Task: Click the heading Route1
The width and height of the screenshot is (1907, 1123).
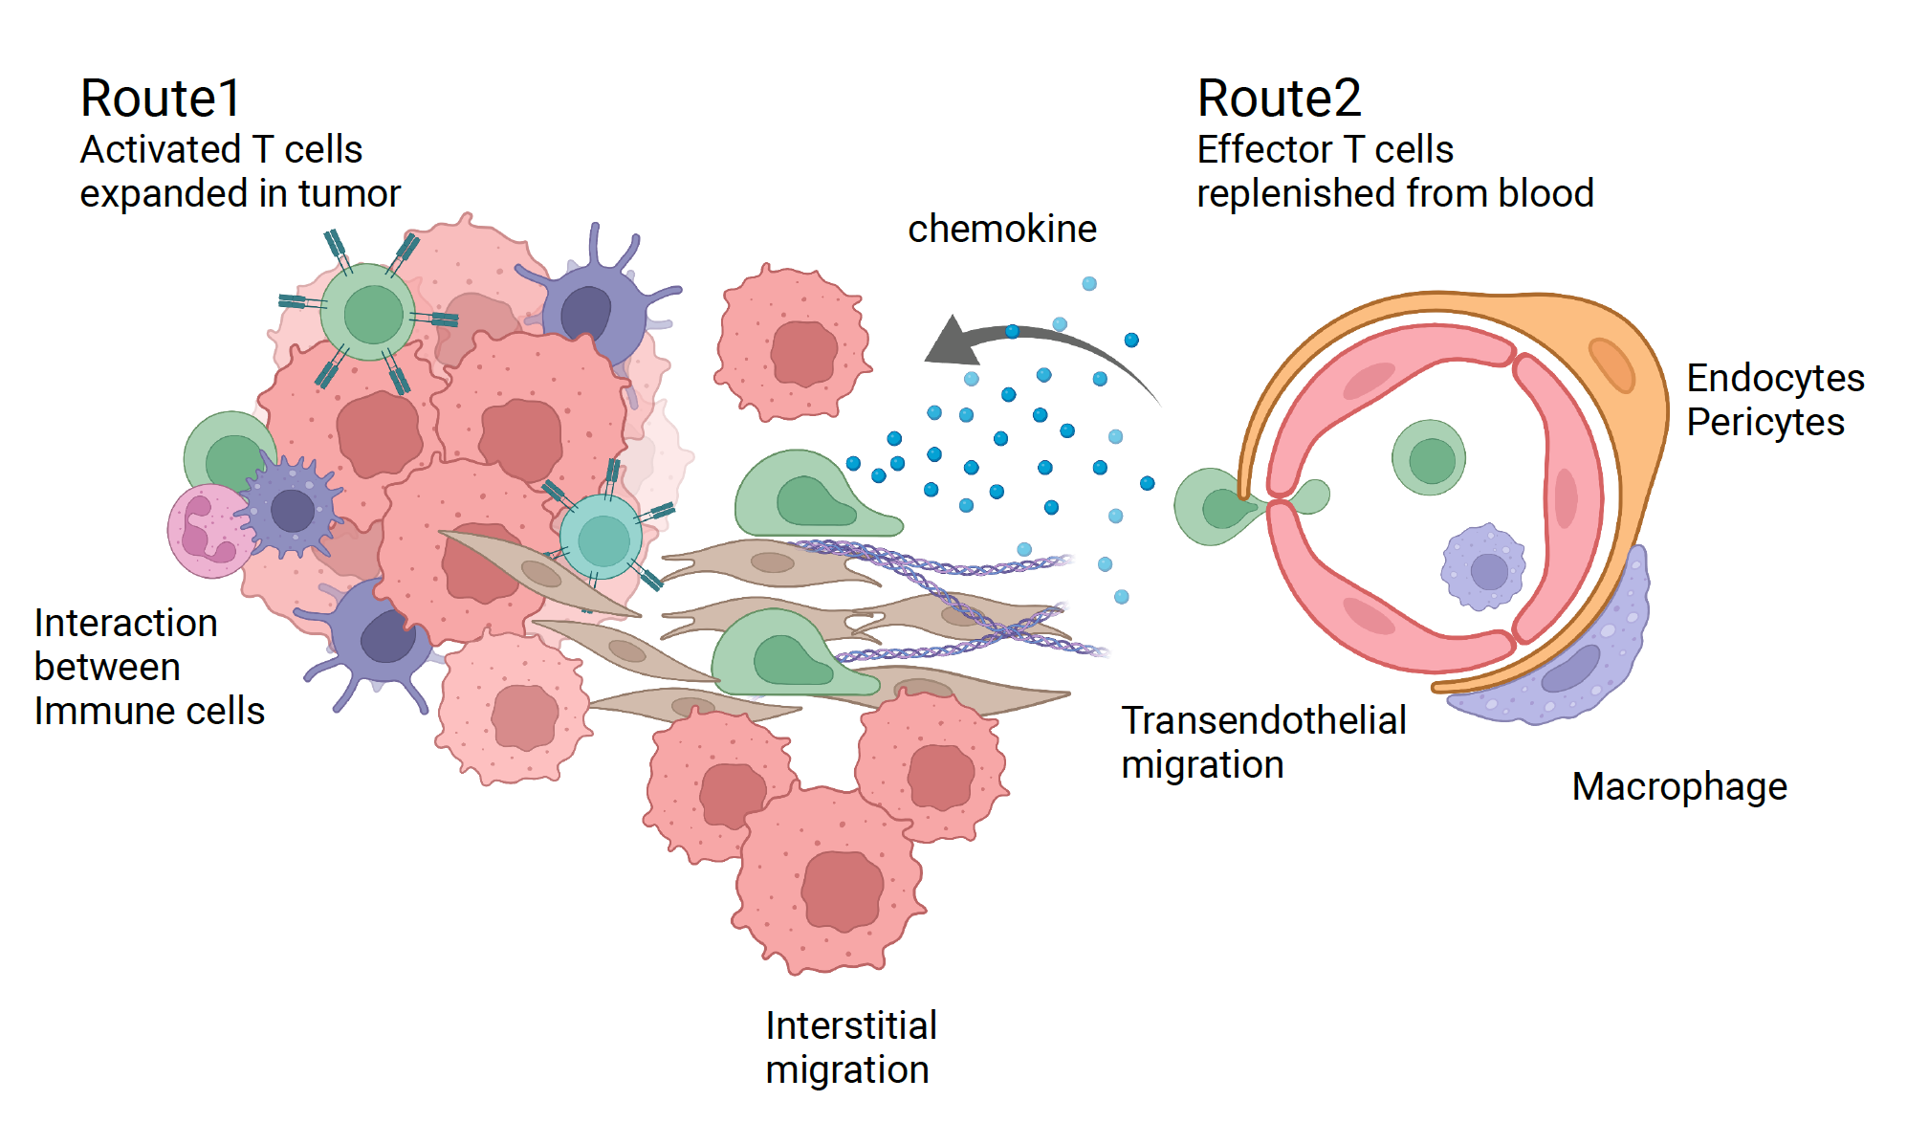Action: (160, 99)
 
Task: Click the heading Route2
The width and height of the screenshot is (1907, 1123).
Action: (1278, 99)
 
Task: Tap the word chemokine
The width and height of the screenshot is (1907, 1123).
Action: (1001, 230)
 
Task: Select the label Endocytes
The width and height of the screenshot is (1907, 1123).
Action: (1774, 379)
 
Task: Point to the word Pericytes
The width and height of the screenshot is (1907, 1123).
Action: (1765, 423)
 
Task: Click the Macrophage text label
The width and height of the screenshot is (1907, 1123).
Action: (1678, 787)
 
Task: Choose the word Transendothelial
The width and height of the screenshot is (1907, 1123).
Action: (1262, 721)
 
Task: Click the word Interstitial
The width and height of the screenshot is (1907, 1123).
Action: (850, 1026)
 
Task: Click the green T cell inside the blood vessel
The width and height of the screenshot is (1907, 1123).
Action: (1429, 458)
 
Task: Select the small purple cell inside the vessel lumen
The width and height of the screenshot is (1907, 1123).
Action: (1482, 568)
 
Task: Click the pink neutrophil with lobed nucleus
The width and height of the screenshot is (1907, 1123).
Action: (208, 532)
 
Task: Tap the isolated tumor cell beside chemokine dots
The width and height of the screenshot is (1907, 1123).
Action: (793, 344)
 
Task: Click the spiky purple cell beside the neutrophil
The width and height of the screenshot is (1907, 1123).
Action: (291, 508)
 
